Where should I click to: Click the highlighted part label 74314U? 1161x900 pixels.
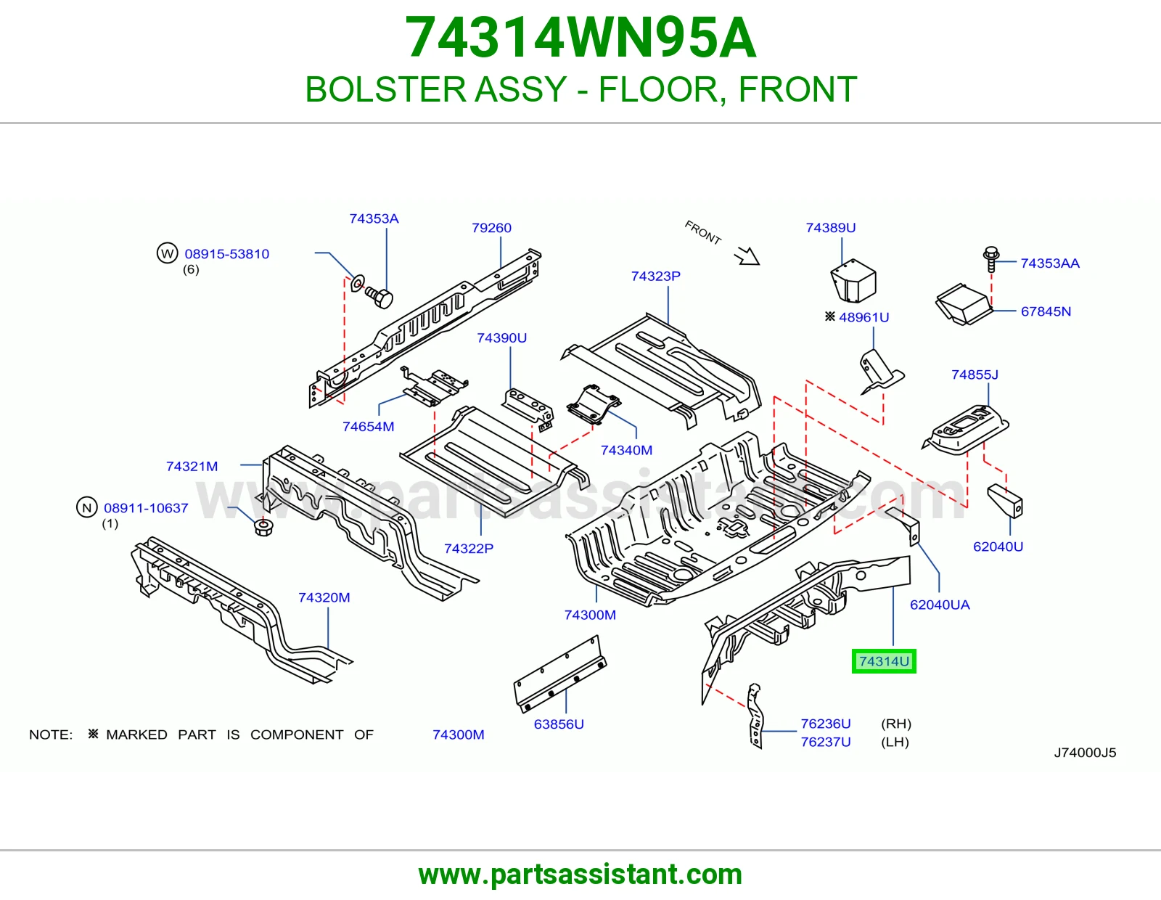click(x=884, y=661)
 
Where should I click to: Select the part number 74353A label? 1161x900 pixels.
click(x=374, y=218)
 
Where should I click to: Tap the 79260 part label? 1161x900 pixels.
click(x=491, y=228)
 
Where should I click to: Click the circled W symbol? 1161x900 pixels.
click(x=167, y=253)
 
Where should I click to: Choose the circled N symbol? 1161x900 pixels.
click(x=86, y=507)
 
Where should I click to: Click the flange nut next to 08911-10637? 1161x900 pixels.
click(x=263, y=527)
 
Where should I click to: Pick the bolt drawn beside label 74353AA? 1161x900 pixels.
click(x=991, y=260)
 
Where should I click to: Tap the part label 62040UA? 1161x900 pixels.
click(x=940, y=605)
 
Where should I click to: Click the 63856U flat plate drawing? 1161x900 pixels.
click(x=559, y=674)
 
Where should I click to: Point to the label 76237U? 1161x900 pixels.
click(x=826, y=742)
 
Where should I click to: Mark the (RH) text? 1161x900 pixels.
click(x=896, y=724)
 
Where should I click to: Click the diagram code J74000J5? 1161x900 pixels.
click(x=1085, y=753)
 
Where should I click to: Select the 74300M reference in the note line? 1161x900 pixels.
click(x=459, y=735)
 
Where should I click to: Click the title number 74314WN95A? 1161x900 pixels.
click(x=580, y=37)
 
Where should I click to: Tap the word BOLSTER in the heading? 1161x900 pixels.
click(x=382, y=89)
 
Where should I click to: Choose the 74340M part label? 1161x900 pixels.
click(x=626, y=450)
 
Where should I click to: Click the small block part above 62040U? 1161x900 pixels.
click(x=1005, y=501)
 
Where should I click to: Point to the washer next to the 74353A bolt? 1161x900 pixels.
click(x=358, y=283)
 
